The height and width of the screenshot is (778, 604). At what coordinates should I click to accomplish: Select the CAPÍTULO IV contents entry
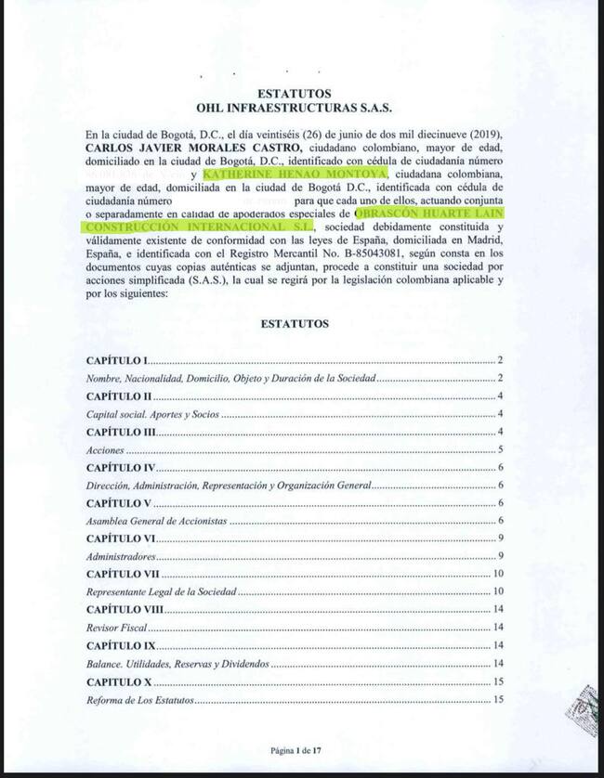(x=121, y=468)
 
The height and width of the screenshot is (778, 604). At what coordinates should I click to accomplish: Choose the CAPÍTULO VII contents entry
(x=123, y=575)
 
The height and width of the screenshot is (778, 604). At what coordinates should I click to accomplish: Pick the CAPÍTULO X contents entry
(x=119, y=681)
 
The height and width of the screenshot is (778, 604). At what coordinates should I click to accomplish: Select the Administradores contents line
(x=120, y=556)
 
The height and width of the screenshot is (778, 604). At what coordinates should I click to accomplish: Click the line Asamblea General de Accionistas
(x=156, y=521)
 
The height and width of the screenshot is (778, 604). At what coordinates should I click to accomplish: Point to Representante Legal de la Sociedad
(x=164, y=592)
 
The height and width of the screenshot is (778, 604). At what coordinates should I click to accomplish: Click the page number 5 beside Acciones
(x=500, y=449)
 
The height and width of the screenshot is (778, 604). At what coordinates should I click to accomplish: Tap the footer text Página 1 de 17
(x=295, y=747)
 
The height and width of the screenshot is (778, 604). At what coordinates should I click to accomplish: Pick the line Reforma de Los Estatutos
(x=139, y=699)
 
